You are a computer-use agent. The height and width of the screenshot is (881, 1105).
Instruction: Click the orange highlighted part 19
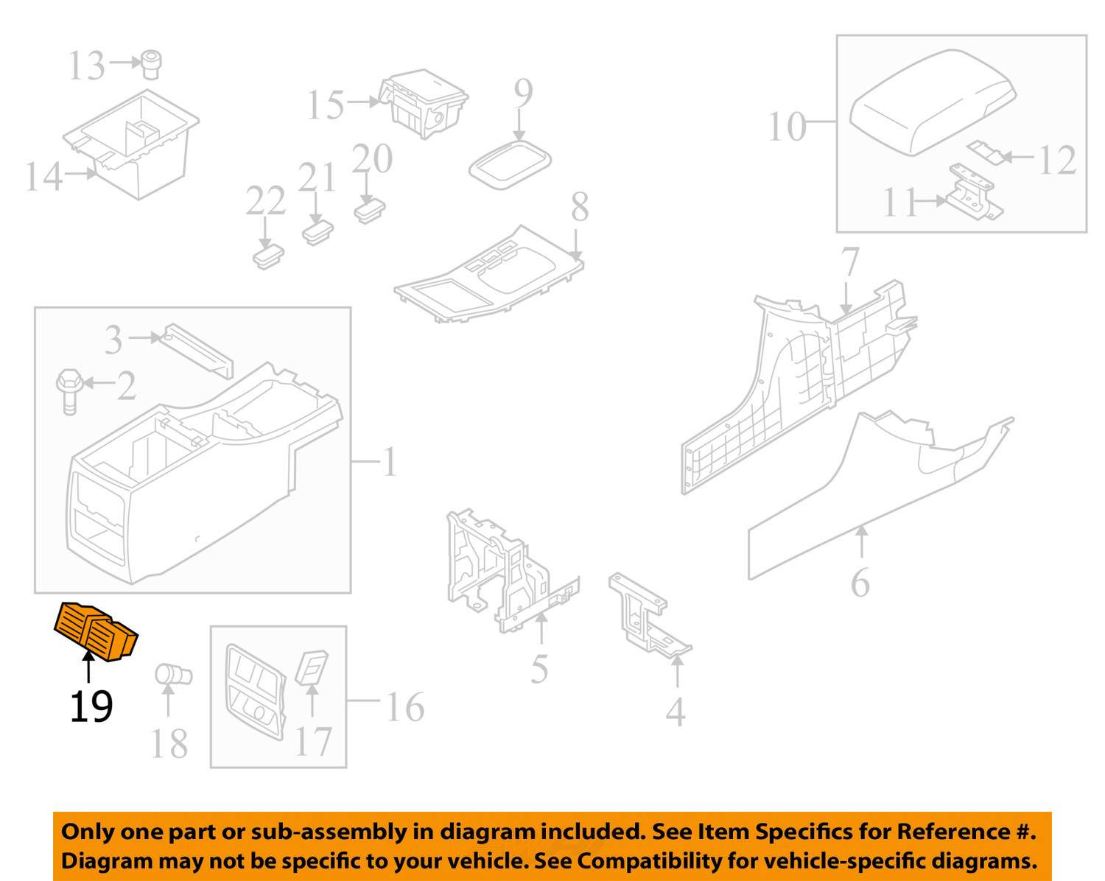pyautogui.click(x=96, y=632)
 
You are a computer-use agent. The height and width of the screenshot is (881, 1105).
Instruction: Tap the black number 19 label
pyautogui.click(x=91, y=706)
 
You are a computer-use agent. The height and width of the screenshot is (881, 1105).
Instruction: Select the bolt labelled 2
pyautogui.click(x=69, y=391)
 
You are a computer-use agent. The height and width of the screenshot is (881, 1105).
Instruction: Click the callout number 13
pyautogui.click(x=87, y=66)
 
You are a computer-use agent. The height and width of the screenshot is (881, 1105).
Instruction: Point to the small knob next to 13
pyautogui.click(x=151, y=65)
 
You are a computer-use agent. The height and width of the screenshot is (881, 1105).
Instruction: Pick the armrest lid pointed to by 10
pyautogui.click(x=933, y=102)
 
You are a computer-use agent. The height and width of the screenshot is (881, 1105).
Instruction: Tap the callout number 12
pyautogui.click(x=1056, y=160)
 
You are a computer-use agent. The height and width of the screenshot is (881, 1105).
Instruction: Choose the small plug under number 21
pyautogui.click(x=318, y=233)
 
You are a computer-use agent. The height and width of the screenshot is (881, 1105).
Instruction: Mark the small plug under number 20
pyautogui.click(x=370, y=211)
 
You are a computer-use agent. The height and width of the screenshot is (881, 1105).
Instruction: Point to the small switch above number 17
pyautogui.click(x=312, y=668)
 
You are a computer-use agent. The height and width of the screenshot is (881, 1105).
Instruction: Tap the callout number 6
pyautogui.click(x=860, y=583)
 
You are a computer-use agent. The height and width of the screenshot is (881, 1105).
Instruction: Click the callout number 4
pyautogui.click(x=676, y=712)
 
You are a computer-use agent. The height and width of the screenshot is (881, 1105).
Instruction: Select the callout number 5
pyautogui.click(x=539, y=669)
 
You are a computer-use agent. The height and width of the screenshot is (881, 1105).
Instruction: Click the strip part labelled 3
pyautogui.click(x=196, y=348)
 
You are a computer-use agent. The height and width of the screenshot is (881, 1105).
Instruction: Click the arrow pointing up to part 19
pyautogui.click(x=88, y=666)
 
